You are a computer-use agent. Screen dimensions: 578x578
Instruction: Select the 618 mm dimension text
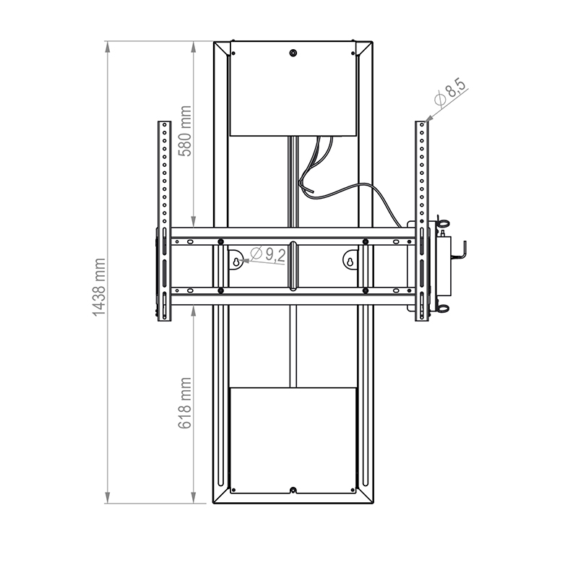click(x=185, y=403)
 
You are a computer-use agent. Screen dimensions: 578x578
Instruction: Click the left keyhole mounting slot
click(x=236, y=259)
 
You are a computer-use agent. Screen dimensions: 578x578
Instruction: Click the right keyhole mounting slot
click(x=350, y=259)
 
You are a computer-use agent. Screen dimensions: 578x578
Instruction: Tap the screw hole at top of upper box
click(x=293, y=53)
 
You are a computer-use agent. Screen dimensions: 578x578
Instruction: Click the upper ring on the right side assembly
click(x=442, y=223)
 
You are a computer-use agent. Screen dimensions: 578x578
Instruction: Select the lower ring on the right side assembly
click(x=442, y=309)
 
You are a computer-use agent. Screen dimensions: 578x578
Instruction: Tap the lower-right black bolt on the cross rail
click(x=366, y=290)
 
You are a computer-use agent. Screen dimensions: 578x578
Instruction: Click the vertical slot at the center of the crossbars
click(x=293, y=264)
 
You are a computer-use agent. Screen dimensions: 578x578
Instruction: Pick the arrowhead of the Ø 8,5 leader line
click(x=427, y=118)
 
